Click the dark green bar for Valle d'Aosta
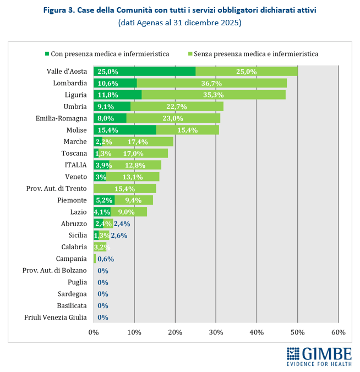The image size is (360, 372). (x=144, y=71)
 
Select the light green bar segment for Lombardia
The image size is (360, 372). (x=211, y=83)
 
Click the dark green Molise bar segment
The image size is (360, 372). (x=125, y=130)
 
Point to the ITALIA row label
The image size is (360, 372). (x=75, y=165)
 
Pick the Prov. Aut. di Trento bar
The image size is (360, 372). (x=125, y=188)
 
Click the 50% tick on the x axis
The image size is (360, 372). (x=297, y=332)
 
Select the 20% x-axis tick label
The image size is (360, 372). (x=175, y=332)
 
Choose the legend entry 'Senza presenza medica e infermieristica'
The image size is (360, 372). (x=253, y=54)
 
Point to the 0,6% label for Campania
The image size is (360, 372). (x=106, y=259)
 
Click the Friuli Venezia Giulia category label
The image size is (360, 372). (x=56, y=317)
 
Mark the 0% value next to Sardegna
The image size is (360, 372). (x=102, y=294)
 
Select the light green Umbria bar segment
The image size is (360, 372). (x=177, y=106)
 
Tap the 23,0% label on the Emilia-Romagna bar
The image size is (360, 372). (x=172, y=118)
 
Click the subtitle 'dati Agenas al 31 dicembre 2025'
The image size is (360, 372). (x=179, y=23)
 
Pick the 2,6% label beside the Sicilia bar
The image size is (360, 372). (x=119, y=235)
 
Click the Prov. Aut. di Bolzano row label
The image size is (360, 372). (x=54, y=270)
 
